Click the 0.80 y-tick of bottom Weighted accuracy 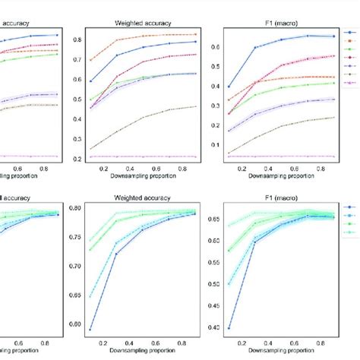point(74,209)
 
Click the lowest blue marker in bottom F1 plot point(229,328)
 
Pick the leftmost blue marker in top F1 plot point(229,87)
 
